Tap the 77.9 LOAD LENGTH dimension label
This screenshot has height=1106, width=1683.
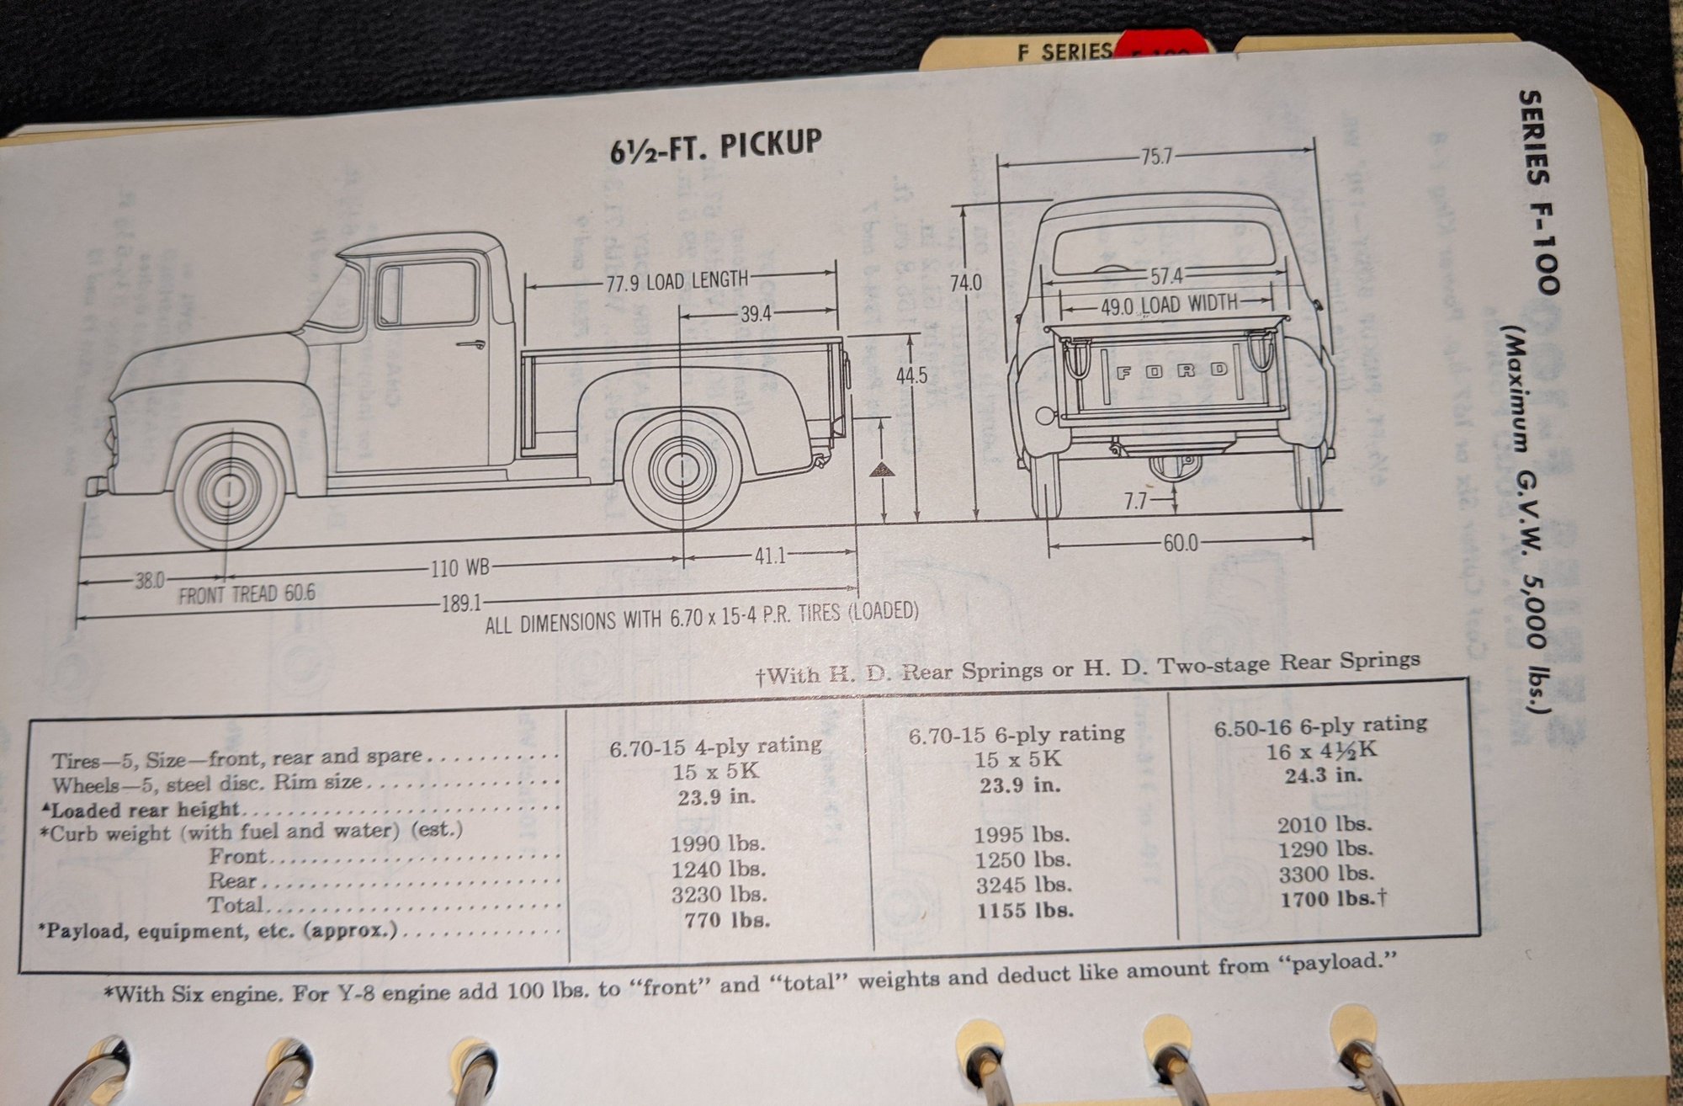pyautogui.click(x=677, y=280)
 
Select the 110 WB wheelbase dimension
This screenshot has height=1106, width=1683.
pyautogui.click(x=459, y=567)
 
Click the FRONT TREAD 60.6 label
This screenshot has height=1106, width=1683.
pyautogui.click(x=247, y=593)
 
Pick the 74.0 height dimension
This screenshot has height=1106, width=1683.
pyautogui.click(x=966, y=283)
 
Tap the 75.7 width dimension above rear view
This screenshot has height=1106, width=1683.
pyautogui.click(x=1156, y=157)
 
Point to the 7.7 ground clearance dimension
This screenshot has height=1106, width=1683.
pyautogui.click(x=1136, y=502)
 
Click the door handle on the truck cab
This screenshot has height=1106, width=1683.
pyautogui.click(x=470, y=343)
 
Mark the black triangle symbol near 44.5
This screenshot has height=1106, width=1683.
pyautogui.click(x=880, y=470)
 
